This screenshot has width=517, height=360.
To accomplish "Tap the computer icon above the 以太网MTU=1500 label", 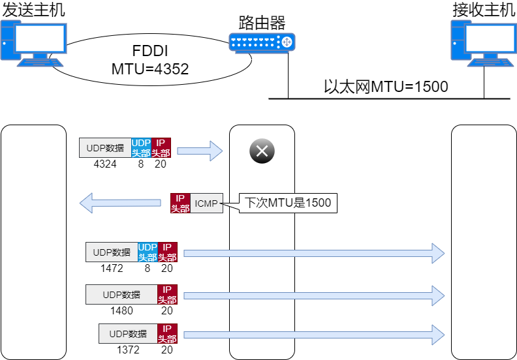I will (x=483, y=43).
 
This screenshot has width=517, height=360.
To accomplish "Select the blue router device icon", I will (x=262, y=42).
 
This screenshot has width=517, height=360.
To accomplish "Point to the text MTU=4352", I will (x=150, y=70).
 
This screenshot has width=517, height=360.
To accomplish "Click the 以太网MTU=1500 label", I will (x=386, y=87).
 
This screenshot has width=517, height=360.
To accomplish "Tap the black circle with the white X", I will (x=262, y=152).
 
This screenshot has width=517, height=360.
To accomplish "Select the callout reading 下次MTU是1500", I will (x=287, y=203).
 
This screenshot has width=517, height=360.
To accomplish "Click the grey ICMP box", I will (x=206, y=203).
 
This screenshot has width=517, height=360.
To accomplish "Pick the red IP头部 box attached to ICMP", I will (x=180, y=203).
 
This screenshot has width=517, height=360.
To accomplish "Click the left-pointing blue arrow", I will (x=120, y=203).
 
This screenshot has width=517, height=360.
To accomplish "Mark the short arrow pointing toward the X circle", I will (x=200, y=151).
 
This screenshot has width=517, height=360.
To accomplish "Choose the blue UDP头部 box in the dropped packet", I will (x=141, y=148).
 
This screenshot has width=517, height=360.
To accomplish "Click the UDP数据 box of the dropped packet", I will (x=105, y=148).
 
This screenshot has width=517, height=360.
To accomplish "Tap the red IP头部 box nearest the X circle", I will (x=161, y=148).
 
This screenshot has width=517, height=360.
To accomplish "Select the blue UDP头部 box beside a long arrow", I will (x=148, y=252).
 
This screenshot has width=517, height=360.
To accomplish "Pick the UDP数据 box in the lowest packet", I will (x=128, y=334).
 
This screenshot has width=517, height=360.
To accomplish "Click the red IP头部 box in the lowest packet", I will (x=167, y=334).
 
